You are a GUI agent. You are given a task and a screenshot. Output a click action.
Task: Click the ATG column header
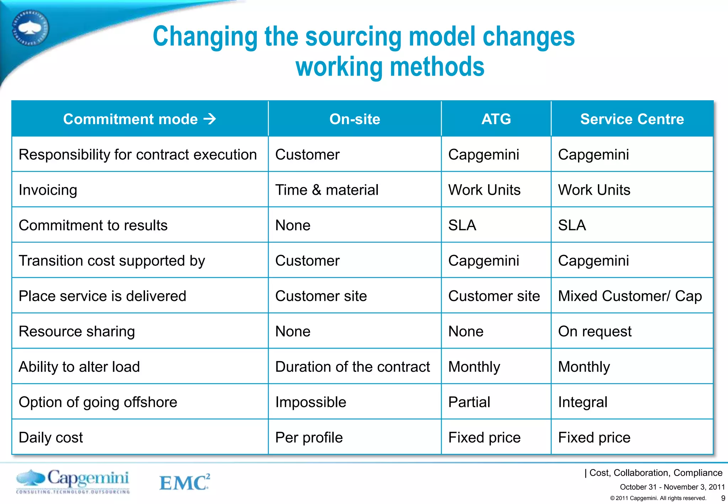[496, 119]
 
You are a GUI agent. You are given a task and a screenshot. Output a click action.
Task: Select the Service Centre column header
[632, 119]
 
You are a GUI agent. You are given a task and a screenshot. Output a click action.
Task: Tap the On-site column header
[355, 119]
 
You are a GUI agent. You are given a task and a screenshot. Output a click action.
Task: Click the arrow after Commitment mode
[210, 119]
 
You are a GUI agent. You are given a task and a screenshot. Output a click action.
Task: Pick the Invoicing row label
[48, 190]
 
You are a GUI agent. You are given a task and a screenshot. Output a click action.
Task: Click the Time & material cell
[327, 190]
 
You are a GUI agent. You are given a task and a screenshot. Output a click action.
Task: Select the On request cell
[595, 331]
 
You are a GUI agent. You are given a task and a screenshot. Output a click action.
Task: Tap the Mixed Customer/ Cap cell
[630, 296]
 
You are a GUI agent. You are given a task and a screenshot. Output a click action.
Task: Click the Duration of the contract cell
[353, 367]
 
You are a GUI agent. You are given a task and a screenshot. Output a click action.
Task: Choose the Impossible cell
[311, 402]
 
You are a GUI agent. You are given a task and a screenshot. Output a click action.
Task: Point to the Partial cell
[469, 402]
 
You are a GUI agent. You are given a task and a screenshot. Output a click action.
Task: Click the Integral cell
[583, 402]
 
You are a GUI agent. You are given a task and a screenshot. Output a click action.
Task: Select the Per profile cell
[309, 438]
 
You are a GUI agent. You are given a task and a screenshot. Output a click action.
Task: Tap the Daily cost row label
[51, 438]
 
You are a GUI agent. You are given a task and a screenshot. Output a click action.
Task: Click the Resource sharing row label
[77, 331]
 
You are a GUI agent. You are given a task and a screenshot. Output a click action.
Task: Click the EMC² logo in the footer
[184, 482]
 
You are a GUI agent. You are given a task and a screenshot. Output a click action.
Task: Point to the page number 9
[723, 498]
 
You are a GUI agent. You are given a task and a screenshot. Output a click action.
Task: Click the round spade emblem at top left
[30, 28]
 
